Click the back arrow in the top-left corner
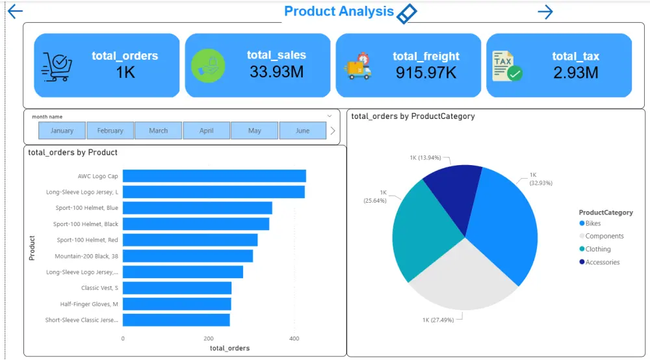(x=15, y=12)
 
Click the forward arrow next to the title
(x=545, y=12)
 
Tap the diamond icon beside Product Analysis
(x=406, y=13)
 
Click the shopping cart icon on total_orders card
(x=57, y=66)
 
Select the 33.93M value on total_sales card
(x=276, y=71)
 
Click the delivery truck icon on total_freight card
(x=357, y=67)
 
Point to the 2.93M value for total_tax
(x=575, y=72)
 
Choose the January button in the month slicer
(x=62, y=131)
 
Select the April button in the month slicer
(x=206, y=131)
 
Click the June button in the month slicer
(x=302, y=131)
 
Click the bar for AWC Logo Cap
(x=214, y=176)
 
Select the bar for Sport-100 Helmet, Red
(x=190, y=240)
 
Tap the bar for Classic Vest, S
(x=177, y=288)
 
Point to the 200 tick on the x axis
(x=208, y=339)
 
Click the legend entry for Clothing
(x=597, y=250)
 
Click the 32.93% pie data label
(x=540, y=179)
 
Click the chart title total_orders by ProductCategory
(x=413, y=116)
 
